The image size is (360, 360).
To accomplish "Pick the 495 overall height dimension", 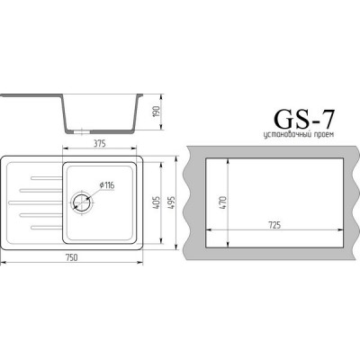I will click(x=172, y=204).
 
